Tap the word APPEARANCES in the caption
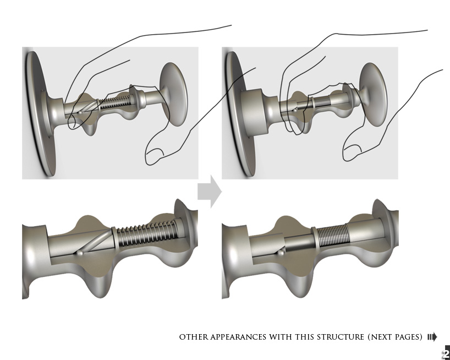pyautogui.click(x=238, y=337)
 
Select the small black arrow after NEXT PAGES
pyautogui.click(x=432, y=337)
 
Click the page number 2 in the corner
pyautogui.click(x=447, y=353)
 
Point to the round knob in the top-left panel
pyautogui.click(x=174, y=94)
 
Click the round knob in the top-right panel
pyautogui.click(x=374, y=94)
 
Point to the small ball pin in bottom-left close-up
pyautogui.click(x=80, y=253)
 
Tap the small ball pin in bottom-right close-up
pyautogui.click(x=281, y=253)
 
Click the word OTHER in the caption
pyautogui.click(x=194, y=337)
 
